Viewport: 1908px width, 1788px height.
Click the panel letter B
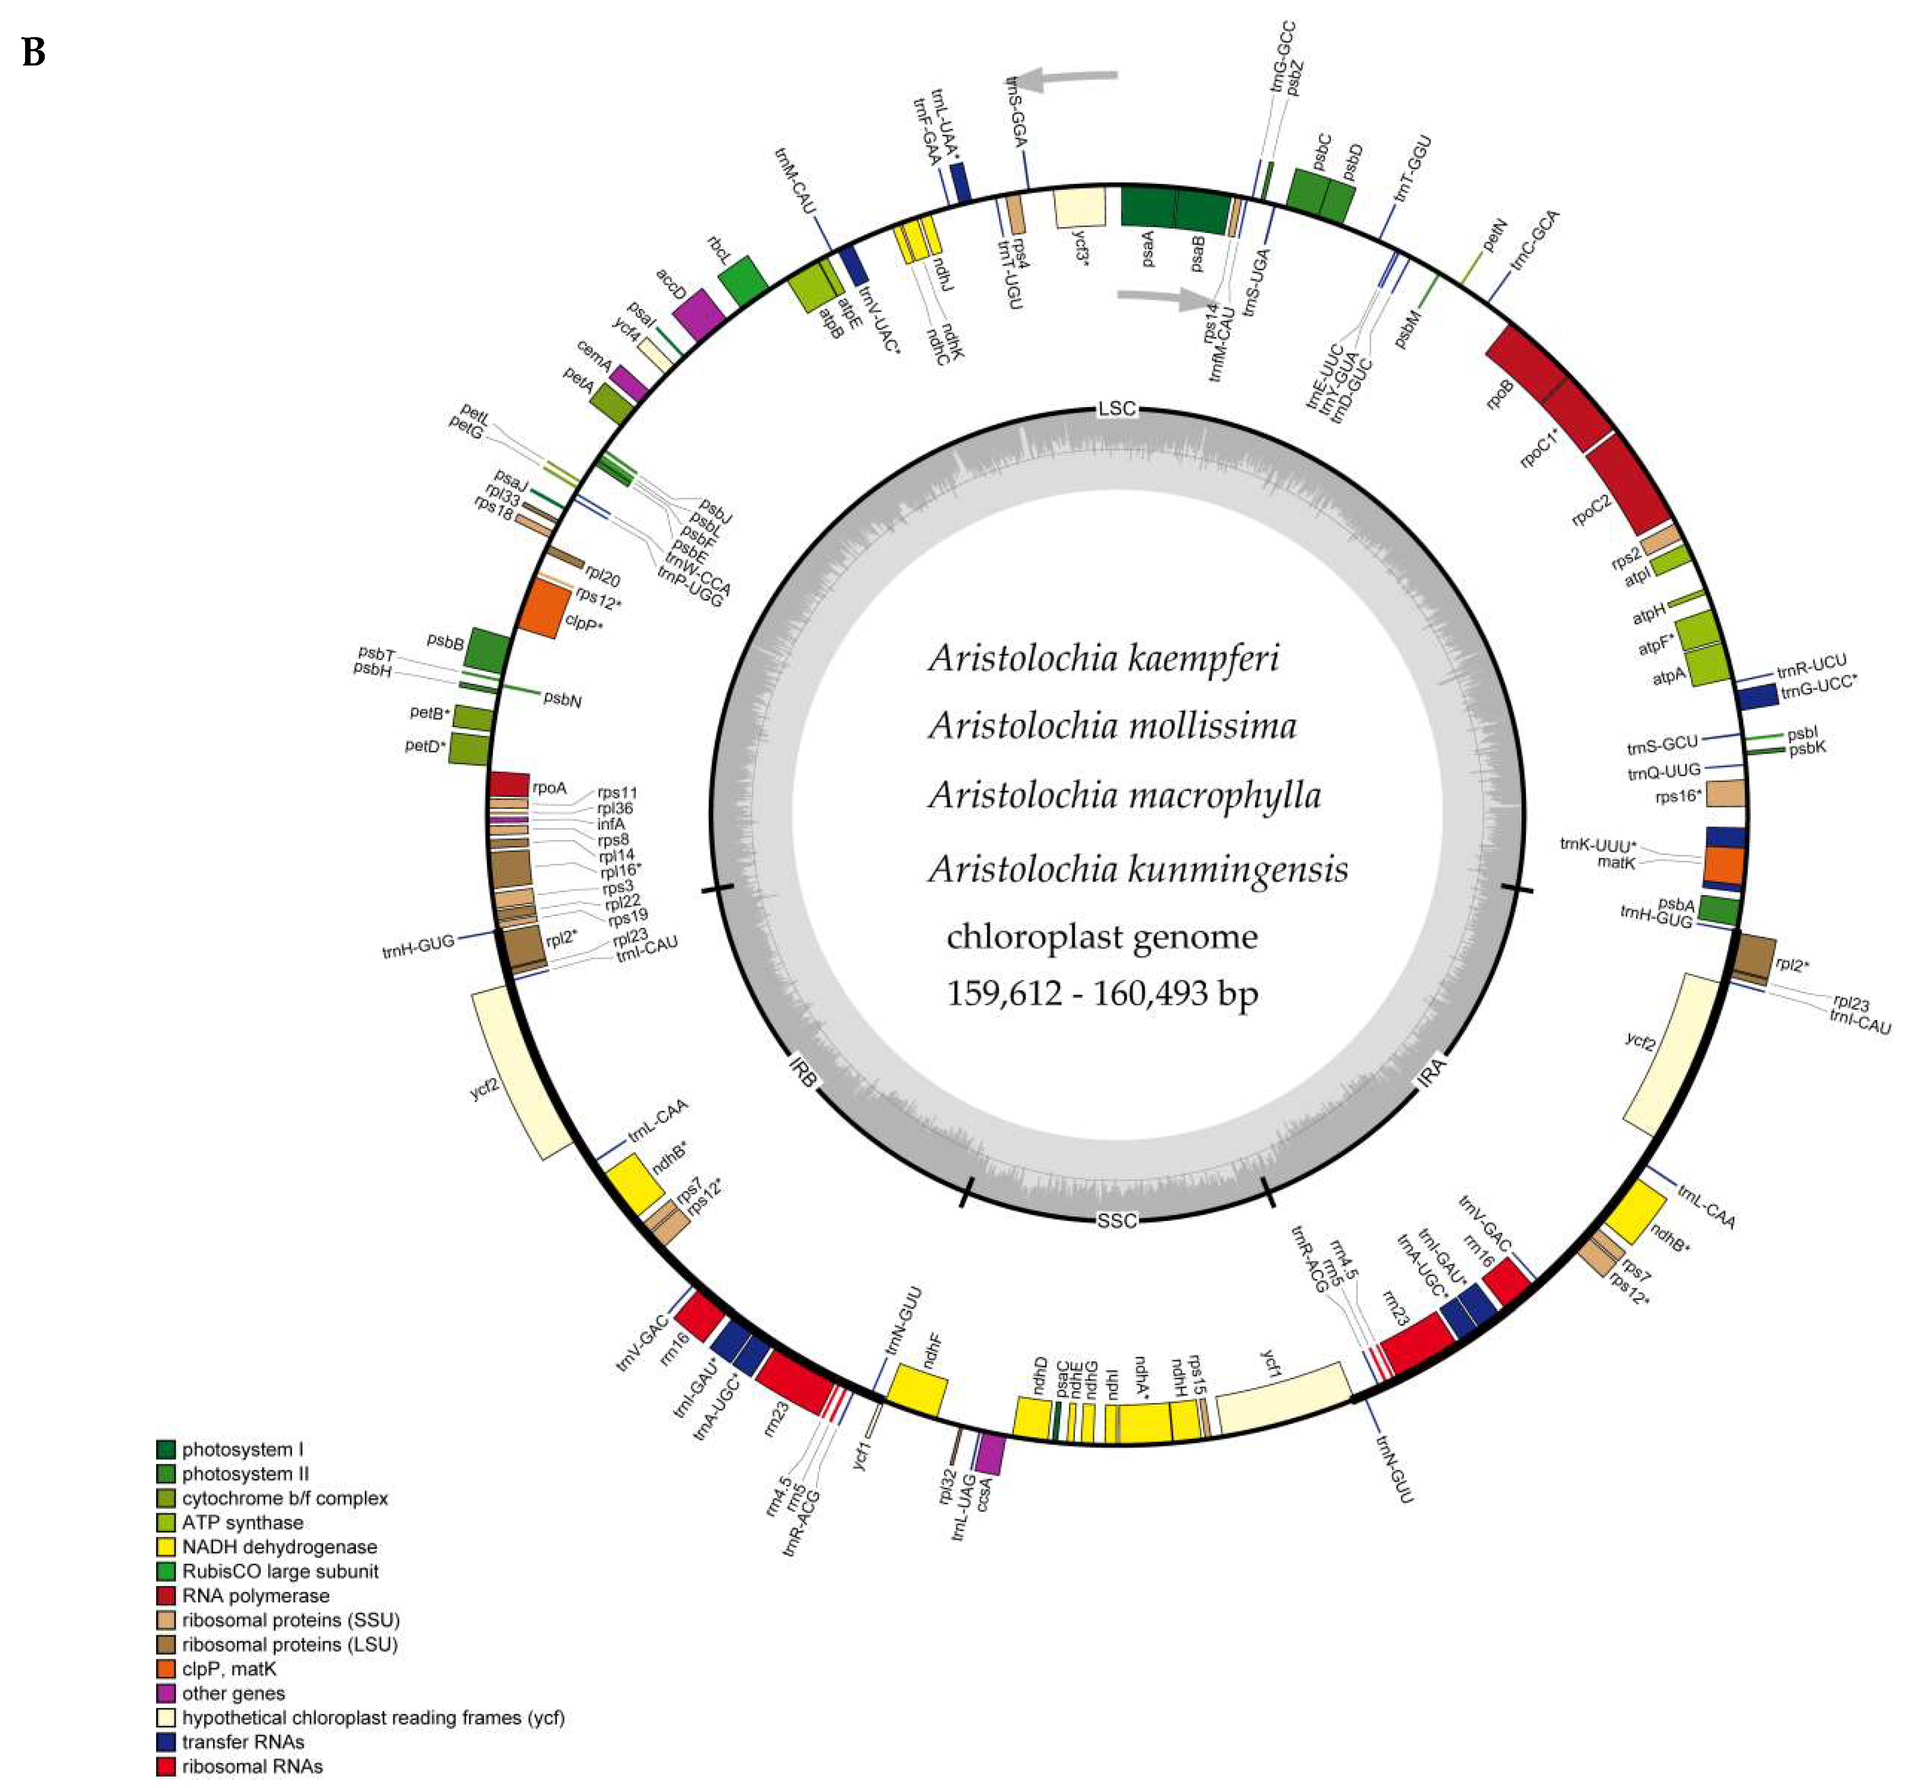pyautogui.click(x=34, y=53)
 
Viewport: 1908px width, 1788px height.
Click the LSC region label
pyautogui.click(x=1116, y=409)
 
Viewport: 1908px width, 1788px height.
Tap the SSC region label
pyautogui.click(x=1116, y=1220)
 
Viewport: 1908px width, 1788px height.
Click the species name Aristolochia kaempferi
pyautogui.click(x=1104, y=658)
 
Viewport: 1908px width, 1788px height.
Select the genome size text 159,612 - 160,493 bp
pyautogui.click(x=1102, y=993)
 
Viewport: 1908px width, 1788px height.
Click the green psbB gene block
pyautogui.click(x=486, y=649)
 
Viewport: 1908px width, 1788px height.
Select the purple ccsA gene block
pyautogui.click(x=990, y=1454)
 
